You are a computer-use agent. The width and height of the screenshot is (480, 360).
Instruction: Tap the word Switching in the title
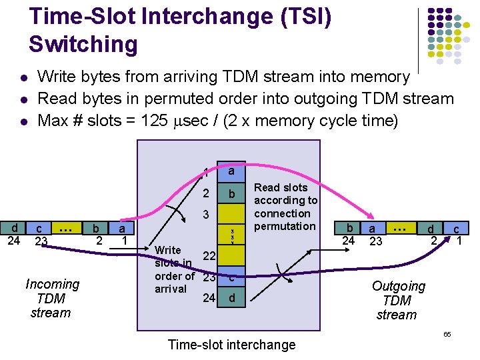83,44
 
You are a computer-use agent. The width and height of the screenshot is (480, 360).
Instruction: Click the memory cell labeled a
231,171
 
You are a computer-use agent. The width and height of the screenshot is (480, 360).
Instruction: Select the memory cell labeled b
231,194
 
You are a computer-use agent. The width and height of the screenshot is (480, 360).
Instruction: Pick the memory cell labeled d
231,297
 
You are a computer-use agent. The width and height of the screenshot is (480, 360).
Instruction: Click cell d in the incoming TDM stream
14,228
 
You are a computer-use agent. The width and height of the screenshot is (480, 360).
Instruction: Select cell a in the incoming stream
122,228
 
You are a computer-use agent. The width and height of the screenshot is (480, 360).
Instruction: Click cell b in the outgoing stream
349,228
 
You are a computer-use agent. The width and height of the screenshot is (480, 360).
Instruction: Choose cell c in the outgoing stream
457,229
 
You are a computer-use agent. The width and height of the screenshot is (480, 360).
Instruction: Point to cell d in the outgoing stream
431,229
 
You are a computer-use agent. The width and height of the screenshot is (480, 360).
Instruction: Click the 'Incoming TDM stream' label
52,298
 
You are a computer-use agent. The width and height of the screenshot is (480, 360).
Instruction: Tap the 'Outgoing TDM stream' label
398,300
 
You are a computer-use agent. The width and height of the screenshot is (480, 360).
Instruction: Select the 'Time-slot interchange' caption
231,345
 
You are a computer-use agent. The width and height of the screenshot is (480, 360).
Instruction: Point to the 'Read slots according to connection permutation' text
285,207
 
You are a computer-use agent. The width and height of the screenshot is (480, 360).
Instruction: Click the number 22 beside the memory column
208,257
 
